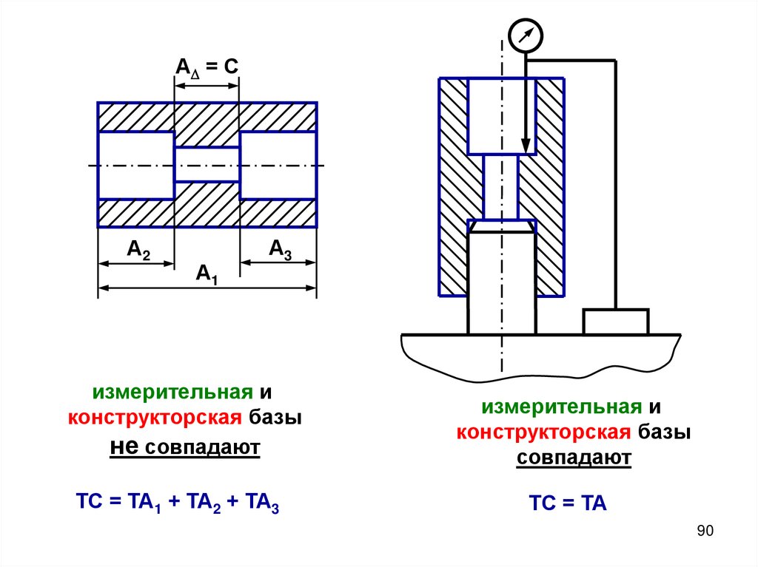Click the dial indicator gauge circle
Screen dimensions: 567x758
[x=526, y=35]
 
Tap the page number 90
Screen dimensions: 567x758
[x=704, y=532]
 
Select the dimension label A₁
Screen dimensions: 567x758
[x=207, y=275]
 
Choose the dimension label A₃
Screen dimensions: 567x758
[x=280, y=250]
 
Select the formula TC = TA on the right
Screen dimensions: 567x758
[x=567, y=505]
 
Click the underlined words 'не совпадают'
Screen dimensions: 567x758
[x=185, y=447]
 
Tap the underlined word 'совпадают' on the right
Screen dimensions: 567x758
[x=574, y=458]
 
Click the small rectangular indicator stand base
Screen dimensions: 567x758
[x=615, y=322]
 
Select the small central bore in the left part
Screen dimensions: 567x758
[x=207, y=165]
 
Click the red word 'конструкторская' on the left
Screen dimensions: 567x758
[x=155, y=418]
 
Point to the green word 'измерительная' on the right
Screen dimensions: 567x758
[x=561, y=407]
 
